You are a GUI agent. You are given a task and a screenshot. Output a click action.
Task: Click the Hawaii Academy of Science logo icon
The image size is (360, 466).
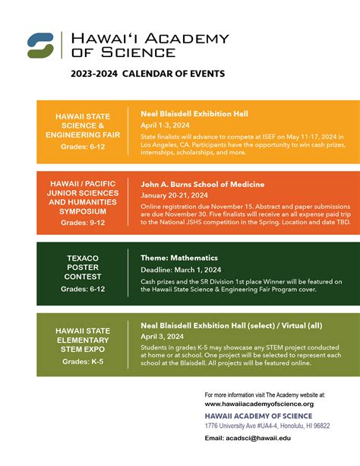pos(39,45)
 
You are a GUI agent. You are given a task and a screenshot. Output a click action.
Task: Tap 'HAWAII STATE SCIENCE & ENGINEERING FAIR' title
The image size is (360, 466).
pos(83,126)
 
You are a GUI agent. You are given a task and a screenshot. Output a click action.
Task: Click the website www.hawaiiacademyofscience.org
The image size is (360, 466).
pos(259,404)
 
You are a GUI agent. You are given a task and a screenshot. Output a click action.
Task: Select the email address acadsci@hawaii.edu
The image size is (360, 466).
pos(269,438)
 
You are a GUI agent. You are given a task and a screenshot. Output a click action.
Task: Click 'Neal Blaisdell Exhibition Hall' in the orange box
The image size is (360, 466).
pos(194,113)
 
